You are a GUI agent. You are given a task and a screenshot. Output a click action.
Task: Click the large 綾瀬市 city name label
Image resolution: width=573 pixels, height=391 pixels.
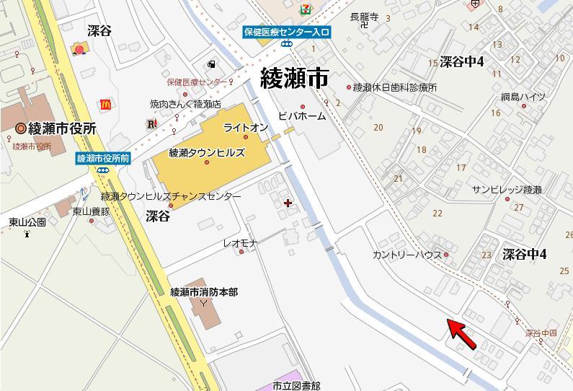coord(293,77)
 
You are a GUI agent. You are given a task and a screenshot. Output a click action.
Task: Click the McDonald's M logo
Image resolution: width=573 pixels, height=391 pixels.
coord(106,105)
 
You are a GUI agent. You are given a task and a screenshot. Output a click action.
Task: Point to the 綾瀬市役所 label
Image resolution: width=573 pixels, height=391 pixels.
coord(61,128)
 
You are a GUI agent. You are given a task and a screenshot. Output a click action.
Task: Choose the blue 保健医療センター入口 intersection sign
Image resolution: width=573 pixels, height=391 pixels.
coord(286,32)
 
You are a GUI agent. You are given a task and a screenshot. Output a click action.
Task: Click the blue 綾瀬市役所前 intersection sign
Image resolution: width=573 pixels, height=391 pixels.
coord(103,159)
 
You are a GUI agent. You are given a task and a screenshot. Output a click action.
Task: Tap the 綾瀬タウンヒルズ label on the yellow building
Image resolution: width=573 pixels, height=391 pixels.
coord(207,153)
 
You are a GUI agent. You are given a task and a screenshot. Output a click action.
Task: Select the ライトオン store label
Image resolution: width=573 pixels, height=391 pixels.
coord(246,128)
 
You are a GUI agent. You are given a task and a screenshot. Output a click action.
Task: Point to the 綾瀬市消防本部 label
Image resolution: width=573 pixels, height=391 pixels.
coord(203,292)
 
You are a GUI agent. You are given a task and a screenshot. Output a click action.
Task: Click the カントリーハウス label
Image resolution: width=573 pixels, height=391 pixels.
coord(407,255)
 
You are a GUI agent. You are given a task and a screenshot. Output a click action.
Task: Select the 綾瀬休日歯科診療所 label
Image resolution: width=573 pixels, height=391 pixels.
coord(395,87)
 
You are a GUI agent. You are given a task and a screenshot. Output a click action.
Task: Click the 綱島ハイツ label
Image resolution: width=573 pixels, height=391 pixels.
coord(523,97)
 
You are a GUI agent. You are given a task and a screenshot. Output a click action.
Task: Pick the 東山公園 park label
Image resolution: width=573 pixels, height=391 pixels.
coord(27,221)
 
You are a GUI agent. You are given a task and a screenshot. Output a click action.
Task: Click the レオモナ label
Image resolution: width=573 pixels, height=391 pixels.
coord(240,243)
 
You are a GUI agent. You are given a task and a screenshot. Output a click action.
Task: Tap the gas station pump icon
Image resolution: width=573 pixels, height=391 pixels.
coord(211,64)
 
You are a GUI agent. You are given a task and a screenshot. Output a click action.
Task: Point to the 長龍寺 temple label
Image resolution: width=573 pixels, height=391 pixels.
coord(363,16)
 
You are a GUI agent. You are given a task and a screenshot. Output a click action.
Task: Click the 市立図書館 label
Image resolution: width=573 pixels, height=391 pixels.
coord(296,386)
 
